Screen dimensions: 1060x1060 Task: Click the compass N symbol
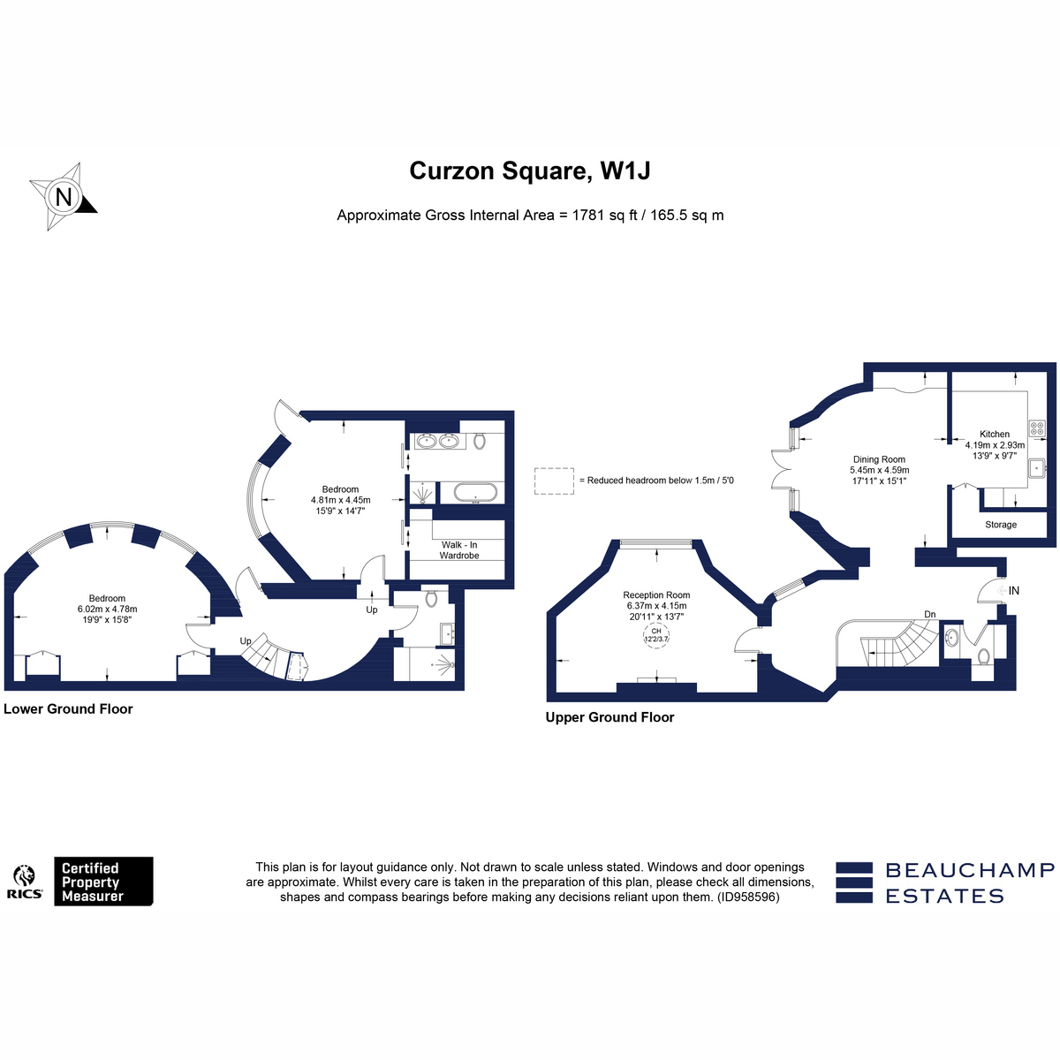[x=64, y=196]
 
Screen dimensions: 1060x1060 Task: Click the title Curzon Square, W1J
[x=530, y=170]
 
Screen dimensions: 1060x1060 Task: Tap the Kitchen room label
[x=995, y=434]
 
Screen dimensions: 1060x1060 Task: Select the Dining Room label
[x=879, y=459]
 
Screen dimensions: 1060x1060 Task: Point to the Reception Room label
[x=656, y=594]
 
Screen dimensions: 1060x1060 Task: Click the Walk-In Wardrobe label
[x=459, y=550]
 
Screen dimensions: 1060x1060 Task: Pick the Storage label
[x=1001, y=525]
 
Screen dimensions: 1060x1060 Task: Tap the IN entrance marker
[x=1014, y=590]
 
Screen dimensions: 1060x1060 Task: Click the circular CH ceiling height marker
[x=656, y=635]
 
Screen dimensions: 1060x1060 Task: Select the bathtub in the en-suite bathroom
[x=476, y=492]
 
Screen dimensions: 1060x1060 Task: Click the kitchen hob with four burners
[x=1037, y=428]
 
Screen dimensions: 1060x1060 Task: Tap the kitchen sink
[x=1037, y=468]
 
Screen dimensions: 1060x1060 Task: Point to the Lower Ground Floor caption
[x=68, y=708]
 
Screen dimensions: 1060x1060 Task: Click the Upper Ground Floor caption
[x=609, y=717]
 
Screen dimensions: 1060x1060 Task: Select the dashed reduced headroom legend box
[x=554, y=481]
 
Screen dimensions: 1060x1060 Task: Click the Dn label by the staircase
[x=929, y=615]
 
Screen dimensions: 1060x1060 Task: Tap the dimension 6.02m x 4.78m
[x=107, y=609]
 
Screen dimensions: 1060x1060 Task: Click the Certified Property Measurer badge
[x=103, y=881]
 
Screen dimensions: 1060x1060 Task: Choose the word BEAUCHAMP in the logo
[x=970, y=870]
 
